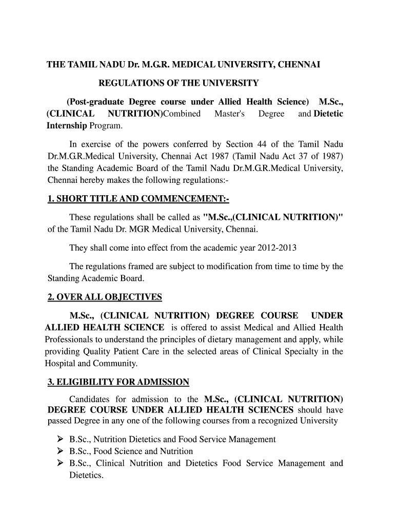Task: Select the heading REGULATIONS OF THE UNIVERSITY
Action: click(x=179, y=83)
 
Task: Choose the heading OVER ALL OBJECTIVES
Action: click(x=105, y=297)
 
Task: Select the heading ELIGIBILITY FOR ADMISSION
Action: click(x=118, y=382)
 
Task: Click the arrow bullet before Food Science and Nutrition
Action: click(x=60, y=451)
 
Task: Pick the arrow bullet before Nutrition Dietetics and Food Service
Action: click(x=60, y=439)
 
